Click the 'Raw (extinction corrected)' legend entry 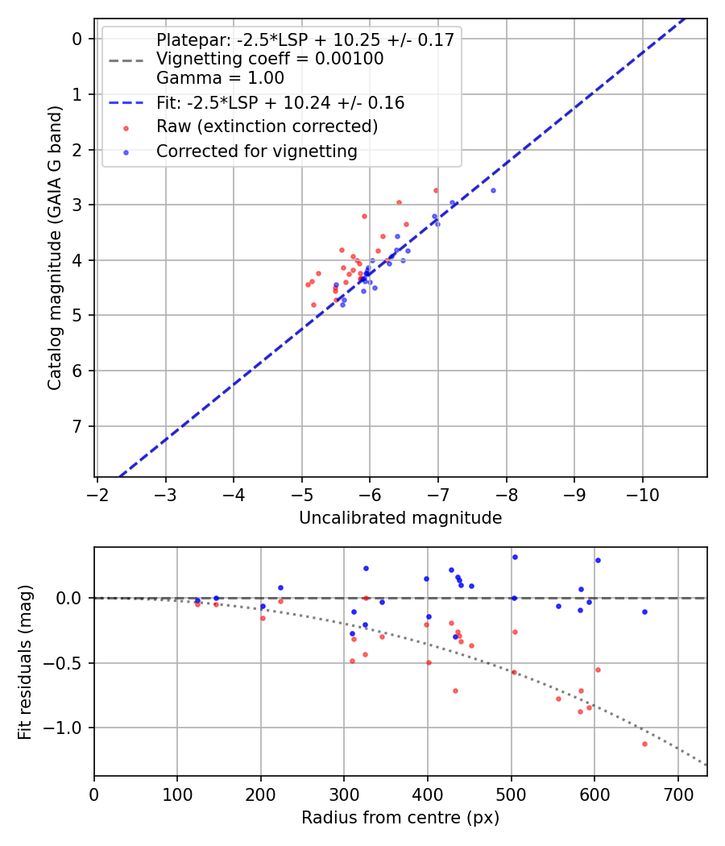point(267,126)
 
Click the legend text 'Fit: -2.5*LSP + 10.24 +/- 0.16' point(280,103)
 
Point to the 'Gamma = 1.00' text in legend point(220,79)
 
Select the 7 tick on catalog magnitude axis point(77,426)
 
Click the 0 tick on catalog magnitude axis point(77,39)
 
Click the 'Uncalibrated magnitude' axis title point(400,518)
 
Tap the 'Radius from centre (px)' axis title point(400,818)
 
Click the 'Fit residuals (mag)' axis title point(26,661)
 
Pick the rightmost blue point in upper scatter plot point(493,190)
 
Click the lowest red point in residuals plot point(644,744)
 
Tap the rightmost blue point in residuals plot point(644,612)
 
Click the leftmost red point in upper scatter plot point(308,284)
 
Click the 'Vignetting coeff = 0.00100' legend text point(270,59)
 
